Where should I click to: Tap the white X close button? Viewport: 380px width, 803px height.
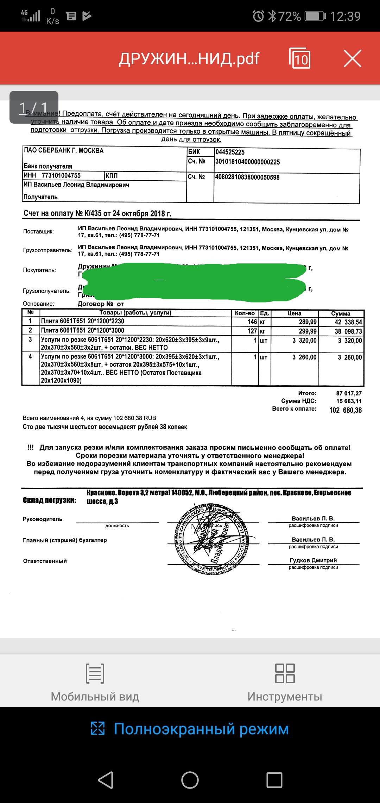point(353,58)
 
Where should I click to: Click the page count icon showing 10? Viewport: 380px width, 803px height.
point(300,58)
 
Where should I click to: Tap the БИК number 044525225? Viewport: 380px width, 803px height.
point(230,152)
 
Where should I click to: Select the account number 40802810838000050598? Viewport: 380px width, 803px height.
point(247,177)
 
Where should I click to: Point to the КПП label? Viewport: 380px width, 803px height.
point(112,176)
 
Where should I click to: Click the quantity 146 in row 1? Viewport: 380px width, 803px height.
point(252,322)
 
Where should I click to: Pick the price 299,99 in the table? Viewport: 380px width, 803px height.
point(308,331)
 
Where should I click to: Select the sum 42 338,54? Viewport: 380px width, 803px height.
point(348,322)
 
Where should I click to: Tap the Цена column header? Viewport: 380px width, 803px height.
point(294,313)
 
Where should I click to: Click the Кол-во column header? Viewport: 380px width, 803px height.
point(245,313)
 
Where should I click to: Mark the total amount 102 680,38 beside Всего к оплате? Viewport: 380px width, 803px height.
point(345,410)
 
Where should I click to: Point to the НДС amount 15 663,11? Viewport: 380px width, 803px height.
point(349,401)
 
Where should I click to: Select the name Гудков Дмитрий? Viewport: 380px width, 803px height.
point(313,560)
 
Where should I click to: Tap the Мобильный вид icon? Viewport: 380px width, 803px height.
point(95,673)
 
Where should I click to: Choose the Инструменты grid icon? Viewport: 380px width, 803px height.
point(285,673)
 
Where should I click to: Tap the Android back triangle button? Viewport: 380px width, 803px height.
point(106,780)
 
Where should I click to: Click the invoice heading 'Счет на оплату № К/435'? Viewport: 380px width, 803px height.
point(97,213)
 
